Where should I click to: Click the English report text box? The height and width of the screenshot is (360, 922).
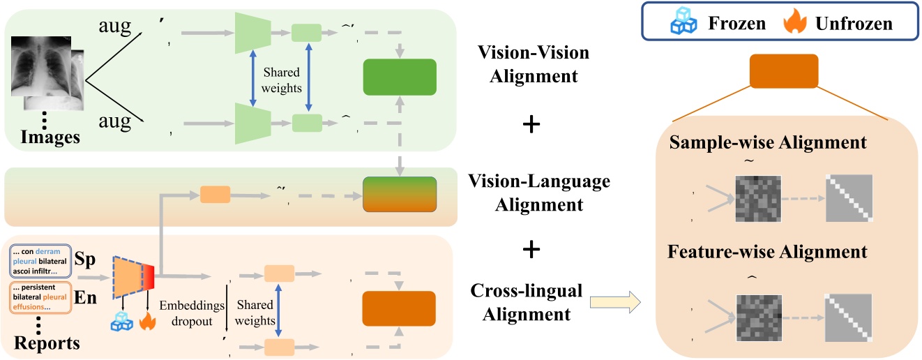[x=46, y=297]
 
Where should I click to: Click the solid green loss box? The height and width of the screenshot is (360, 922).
[x=400, y=77]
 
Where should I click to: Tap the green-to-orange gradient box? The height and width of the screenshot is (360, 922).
[x=400, y=195]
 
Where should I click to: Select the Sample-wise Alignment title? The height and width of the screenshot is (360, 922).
[x=767, y=143]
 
